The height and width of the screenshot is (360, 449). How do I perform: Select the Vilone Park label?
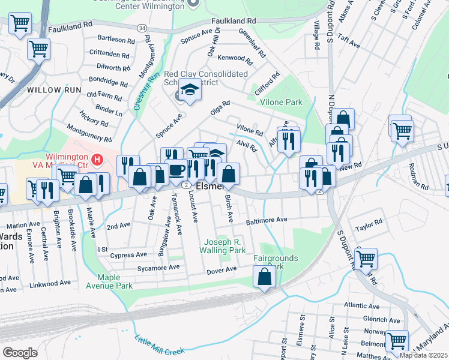point(281,103)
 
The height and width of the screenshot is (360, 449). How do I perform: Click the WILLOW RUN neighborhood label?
point(53,90)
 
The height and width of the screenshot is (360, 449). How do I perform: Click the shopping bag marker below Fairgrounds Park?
point(264,277)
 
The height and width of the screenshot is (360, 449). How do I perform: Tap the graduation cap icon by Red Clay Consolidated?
point(190,90)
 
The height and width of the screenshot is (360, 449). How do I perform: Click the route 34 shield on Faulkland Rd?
point(141,28)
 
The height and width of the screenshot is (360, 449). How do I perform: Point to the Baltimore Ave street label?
point(267,220)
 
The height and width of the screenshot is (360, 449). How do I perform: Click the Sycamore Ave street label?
point(158,268)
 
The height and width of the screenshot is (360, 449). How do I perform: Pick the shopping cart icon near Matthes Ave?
point(397,340)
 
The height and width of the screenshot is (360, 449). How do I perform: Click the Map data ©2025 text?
point(423,355)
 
